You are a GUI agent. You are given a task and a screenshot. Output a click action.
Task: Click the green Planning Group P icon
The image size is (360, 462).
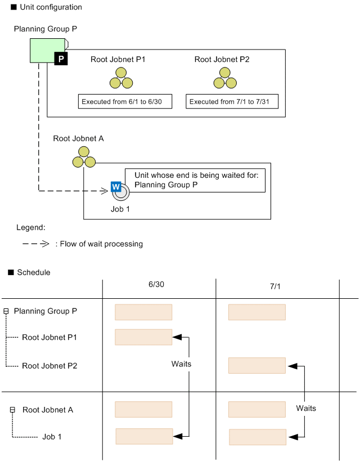(47, 50)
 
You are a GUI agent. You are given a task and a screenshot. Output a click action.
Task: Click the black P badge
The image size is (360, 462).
(61, 59)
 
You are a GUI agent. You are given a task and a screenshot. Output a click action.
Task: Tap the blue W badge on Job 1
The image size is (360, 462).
(116, 186)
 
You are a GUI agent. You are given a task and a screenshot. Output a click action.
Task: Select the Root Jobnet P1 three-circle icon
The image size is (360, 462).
(121, 78)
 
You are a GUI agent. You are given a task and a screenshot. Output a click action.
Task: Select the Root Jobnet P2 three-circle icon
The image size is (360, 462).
(225, 78)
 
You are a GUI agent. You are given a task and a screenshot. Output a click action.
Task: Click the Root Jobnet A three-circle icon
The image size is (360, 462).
(84, 157)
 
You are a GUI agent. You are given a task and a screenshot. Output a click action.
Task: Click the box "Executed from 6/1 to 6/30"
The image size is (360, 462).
(124, 102)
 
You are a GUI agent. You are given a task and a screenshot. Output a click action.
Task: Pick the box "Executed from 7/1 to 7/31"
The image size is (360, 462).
(233, 102)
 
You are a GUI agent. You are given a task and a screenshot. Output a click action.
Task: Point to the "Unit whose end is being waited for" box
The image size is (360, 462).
(195, 180)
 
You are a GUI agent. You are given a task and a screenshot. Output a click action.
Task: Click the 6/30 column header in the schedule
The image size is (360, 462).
(156, 285)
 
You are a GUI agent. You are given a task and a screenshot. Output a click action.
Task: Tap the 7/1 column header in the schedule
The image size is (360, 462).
(276, 286)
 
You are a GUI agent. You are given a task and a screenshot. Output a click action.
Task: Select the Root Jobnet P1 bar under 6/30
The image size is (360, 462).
(143, 337)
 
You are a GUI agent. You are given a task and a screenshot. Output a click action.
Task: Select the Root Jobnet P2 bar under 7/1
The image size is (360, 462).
(256, 365)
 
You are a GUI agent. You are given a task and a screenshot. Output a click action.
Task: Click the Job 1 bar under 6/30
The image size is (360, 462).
(144, 436)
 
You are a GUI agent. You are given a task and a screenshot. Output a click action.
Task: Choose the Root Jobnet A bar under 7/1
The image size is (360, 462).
(256, 409)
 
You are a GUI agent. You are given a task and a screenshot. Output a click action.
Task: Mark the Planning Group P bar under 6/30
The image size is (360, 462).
(143, 312)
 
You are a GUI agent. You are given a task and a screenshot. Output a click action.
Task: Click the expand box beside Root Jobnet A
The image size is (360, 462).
(12, 410)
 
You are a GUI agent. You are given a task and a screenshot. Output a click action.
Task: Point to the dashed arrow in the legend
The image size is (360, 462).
(37, 244)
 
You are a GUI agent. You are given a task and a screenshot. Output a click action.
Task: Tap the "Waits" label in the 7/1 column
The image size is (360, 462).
(306, 408)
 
